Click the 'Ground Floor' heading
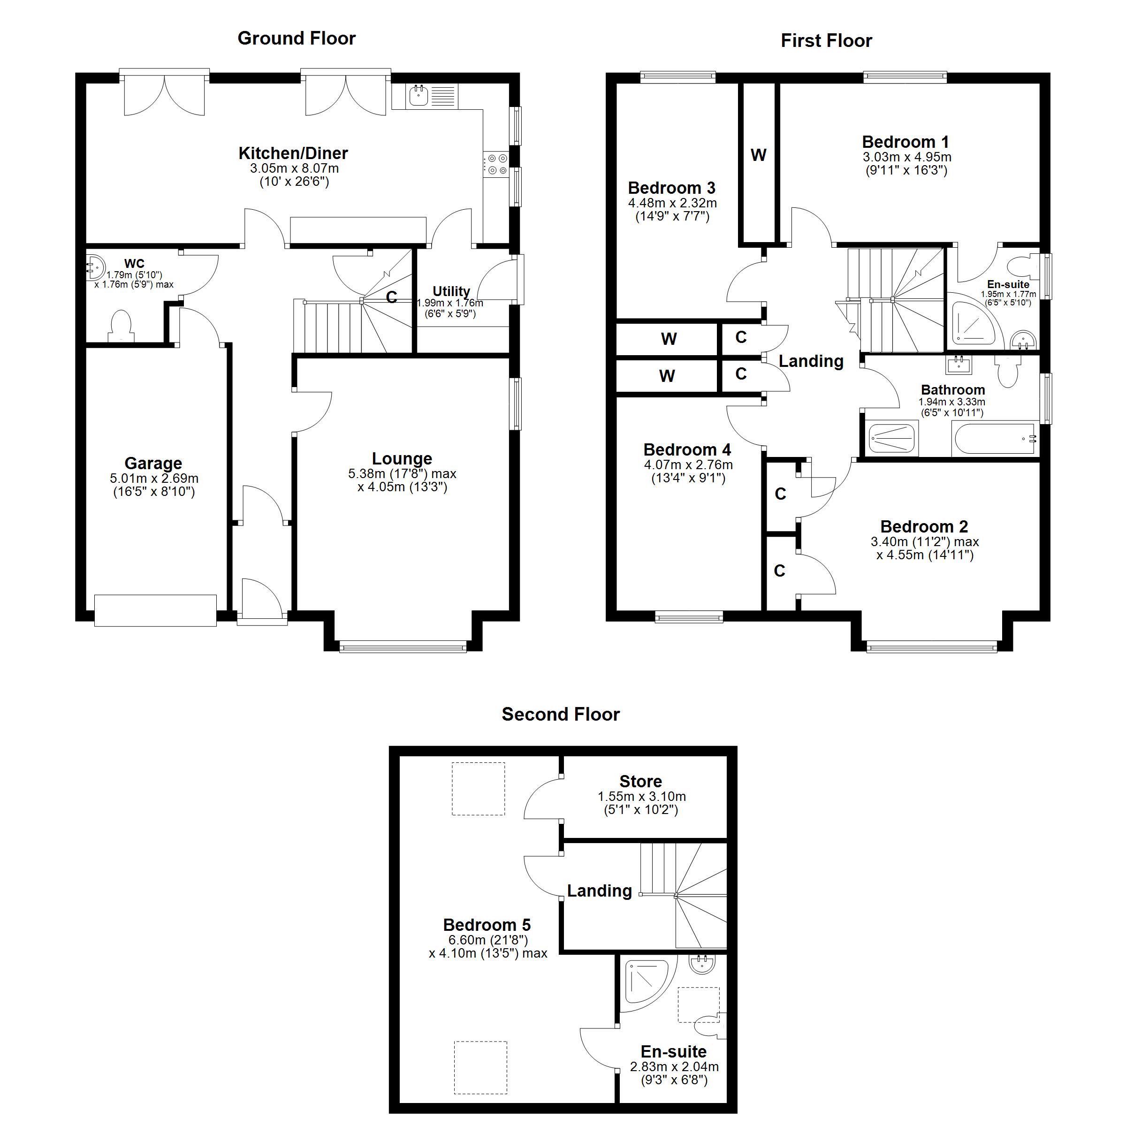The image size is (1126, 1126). (297, 38)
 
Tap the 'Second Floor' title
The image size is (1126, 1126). (561, 714)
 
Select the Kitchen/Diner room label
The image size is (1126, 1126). (293, 153)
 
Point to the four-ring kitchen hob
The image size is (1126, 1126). (495, 164)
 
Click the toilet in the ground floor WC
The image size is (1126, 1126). (121, 327)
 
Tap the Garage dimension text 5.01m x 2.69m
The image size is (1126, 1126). (154, 479)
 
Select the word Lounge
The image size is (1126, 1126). (402, 459)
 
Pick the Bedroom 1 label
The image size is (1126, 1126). (905, 142)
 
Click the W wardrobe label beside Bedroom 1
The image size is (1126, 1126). (758, 155)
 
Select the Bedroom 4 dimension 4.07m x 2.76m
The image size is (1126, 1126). (688, 465)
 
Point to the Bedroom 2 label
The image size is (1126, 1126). (924, 526)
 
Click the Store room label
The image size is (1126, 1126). (640, 781)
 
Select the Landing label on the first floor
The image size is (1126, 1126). (811, 361)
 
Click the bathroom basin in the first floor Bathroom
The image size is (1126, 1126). (959, 365)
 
